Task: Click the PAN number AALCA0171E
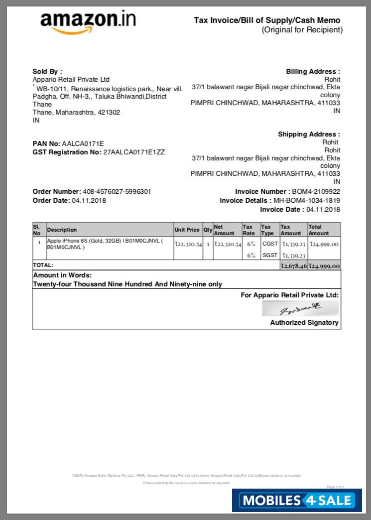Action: (83, 144)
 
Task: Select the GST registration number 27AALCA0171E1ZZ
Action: (133, 152)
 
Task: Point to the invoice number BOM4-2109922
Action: (317, 191)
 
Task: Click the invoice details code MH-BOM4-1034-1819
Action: (307, 200)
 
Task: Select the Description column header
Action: (62, 230)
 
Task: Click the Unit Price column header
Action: (187, 230)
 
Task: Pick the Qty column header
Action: (208, 230)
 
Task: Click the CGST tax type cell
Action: (270, 244)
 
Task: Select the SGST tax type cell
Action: (270, 255)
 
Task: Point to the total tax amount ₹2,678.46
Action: (293, 266)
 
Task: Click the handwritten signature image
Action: (301, 309)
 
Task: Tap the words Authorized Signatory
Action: (304, 322)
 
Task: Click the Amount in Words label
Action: (62, 275)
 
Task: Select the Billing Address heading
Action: (313, 72)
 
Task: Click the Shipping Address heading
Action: (309, 134)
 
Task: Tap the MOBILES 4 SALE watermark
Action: (297, 500)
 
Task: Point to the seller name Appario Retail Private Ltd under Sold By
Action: (71, 80)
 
